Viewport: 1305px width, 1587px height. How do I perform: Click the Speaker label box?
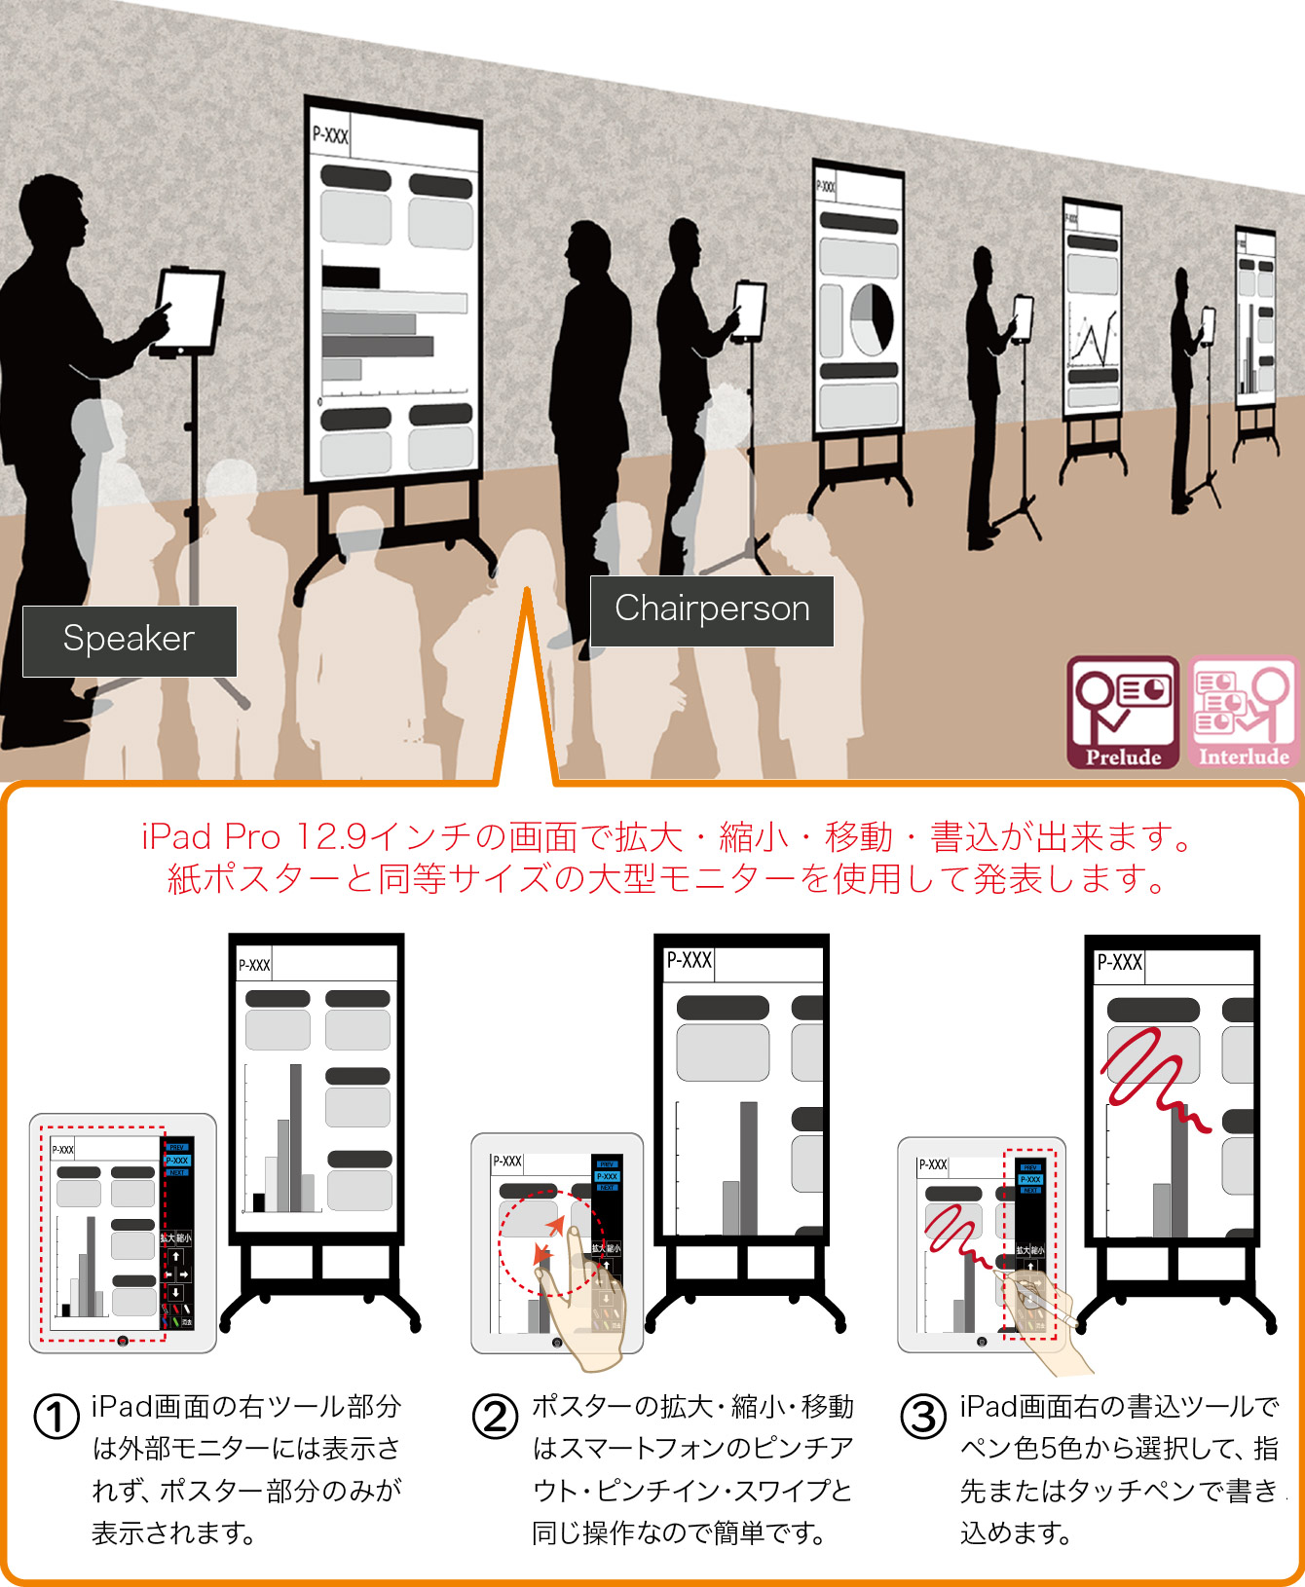click(x=130, y=641)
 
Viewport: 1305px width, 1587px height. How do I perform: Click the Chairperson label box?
click(x=712, y=610)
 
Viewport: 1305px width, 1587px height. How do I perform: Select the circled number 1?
click(x=56, y=1417)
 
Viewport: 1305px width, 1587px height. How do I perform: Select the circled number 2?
click(x=496, y=1417)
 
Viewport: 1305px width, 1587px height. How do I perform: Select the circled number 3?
click(x=923, y=1417)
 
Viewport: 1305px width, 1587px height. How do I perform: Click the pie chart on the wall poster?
click(x=872, y=319)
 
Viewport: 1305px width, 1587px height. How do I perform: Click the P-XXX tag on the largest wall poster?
click(x=330, y=135)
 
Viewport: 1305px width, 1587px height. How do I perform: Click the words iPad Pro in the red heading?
click(x=210, y=837)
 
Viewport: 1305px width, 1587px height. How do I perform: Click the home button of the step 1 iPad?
click(x=123, y=1341)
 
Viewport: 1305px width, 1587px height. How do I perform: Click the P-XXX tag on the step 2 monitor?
click(x=689, y=961)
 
